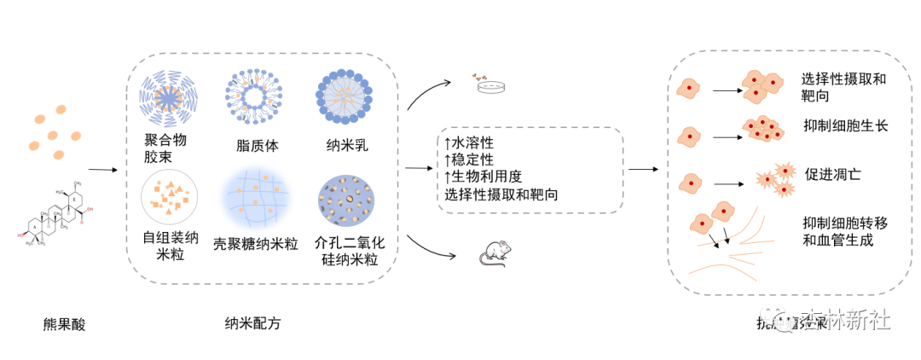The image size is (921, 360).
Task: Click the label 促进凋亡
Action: pos(832,174)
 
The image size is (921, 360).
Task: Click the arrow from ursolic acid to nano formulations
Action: pos(102,169)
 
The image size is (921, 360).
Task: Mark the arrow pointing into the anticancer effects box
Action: pos(644,169)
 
